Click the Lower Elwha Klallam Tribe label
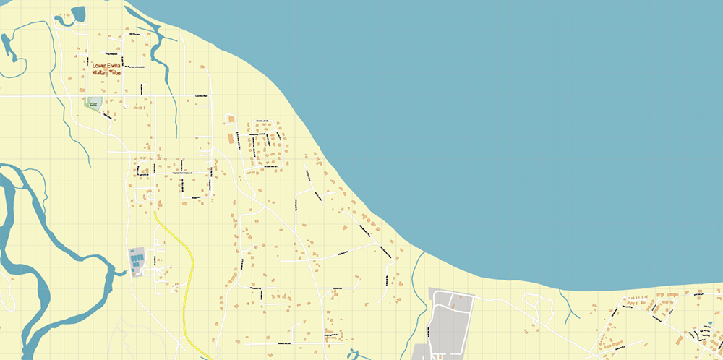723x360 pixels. [x=106, y=69]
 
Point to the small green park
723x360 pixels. [x=93, y=104]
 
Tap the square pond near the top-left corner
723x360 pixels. [x=78, y=14]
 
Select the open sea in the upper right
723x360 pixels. [x=542, y=108]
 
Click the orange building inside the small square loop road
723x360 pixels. [x=231, y=119]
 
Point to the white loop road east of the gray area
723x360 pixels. [x=542, y=311]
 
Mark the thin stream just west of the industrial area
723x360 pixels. [x=415, y=289]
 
